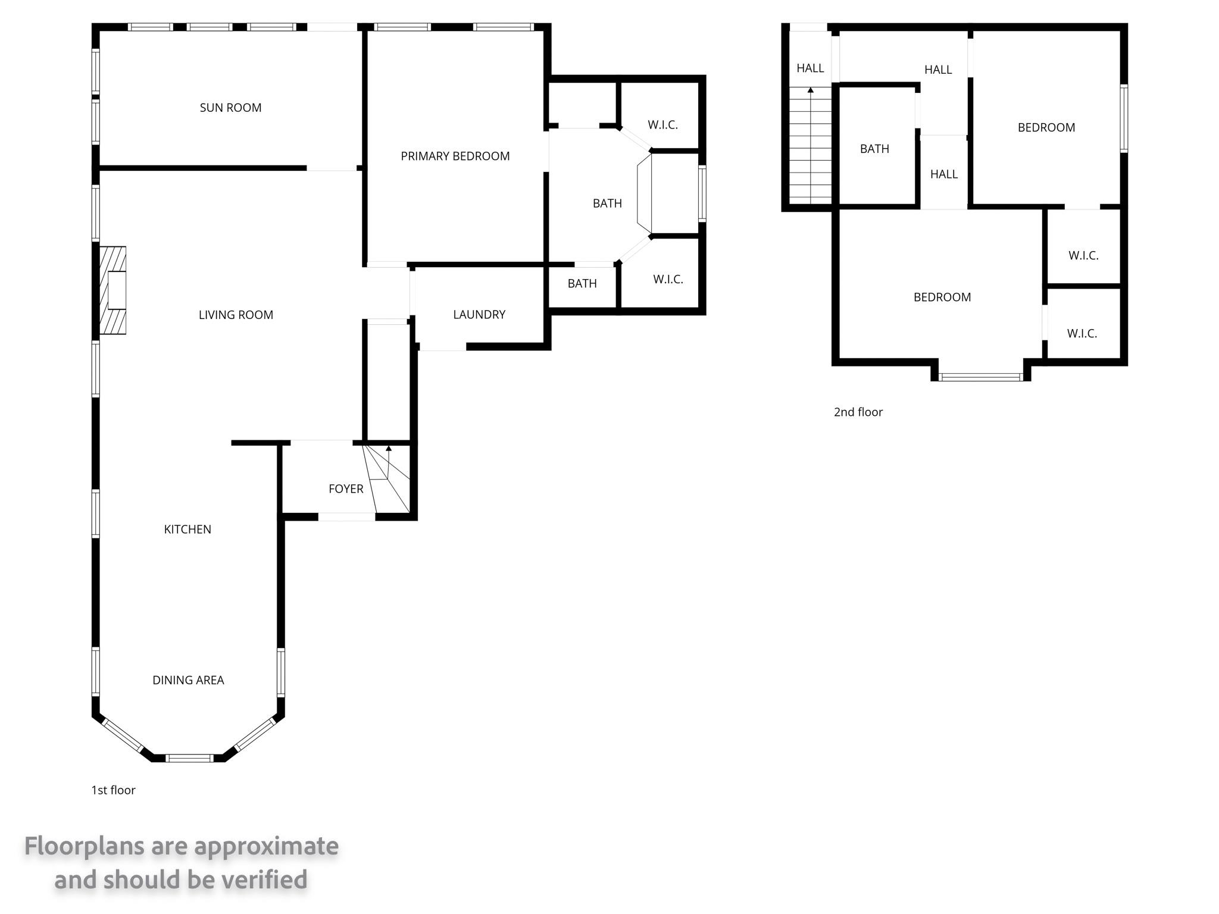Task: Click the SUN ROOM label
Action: (x=230, y=108)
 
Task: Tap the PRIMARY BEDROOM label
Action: (x=455, y=156)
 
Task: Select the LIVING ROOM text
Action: (x=236, y=315)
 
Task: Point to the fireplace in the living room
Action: (x=112, y=290)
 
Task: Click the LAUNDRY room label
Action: (x=479, y=314)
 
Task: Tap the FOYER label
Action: (x=346, y=489)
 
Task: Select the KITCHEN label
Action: (x=187, y=529)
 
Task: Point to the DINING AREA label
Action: (x=188, y=680)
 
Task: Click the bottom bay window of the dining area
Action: (x=189, y=758)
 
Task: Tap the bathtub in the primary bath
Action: (x=645, y=194)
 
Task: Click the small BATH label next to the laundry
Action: (x=582, y=283)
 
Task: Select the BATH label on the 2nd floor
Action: (x=874, y=149)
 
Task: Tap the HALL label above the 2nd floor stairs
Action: (x=810, y=68)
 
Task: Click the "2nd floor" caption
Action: (x=858, y=412)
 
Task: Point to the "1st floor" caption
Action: (x=113, y=790)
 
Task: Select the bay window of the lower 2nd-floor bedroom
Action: (x=981, y=377)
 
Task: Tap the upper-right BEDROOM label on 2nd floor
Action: (x=1046, y=127)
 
